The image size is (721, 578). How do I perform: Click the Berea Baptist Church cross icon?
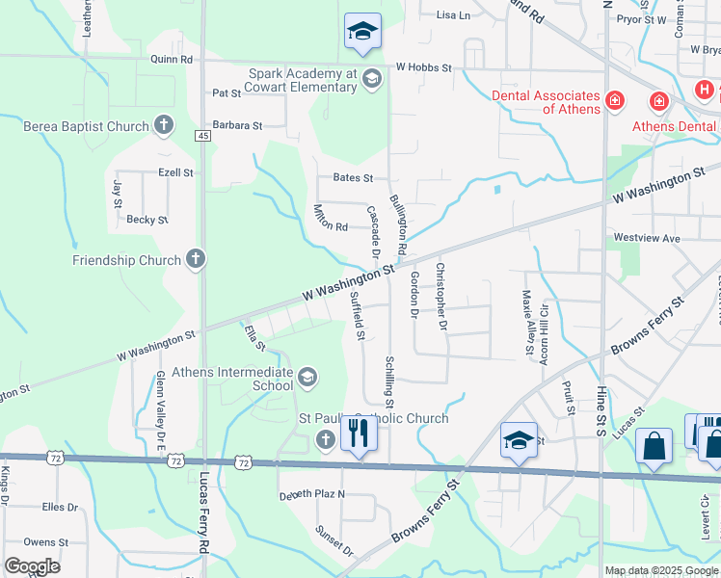pyautogui.click(x=164, y=125)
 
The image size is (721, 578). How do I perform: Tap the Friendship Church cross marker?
pyautogui.click(x=196, y=259)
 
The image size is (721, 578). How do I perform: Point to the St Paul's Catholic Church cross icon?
pyautogui.click(x=326, y=440)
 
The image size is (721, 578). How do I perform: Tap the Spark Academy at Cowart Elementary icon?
pyautogui.click(x=372, y=80)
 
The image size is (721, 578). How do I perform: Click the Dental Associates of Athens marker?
pyautogui.click(x=613, y=100)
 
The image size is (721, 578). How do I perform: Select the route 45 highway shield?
pyautogui.click(x=202, y=137)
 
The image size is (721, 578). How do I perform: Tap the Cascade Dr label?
pyautogui.click(x=373, y=230)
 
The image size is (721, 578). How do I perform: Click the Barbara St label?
pyautogui.click(x=237, y=125)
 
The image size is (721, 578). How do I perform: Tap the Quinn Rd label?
pyautogui.click(x=172, y=59)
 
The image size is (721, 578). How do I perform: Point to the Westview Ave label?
pyautogui.click(x=647, y=237)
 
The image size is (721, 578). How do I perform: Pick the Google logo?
pyautogui.click(x=32, y=566)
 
